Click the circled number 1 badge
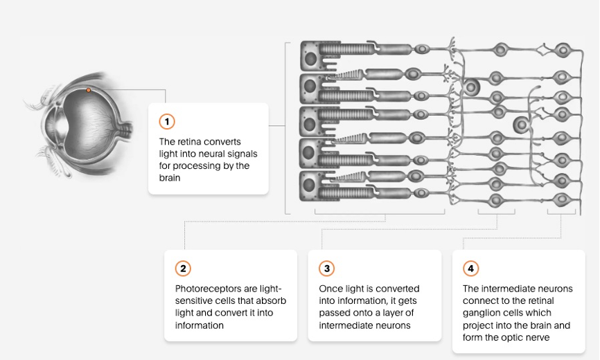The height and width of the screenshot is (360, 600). (x=167, y=122)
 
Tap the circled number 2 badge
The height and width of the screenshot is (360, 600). (x=183, y=269)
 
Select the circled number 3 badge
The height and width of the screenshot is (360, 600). (x=327, y=269)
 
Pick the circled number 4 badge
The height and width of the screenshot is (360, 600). (x=471, y=269)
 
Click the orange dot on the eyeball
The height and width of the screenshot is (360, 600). (x=88, y=90)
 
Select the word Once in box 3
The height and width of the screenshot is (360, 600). (x=330, y=289)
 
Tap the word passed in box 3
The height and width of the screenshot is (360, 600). (x=332, y=313)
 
